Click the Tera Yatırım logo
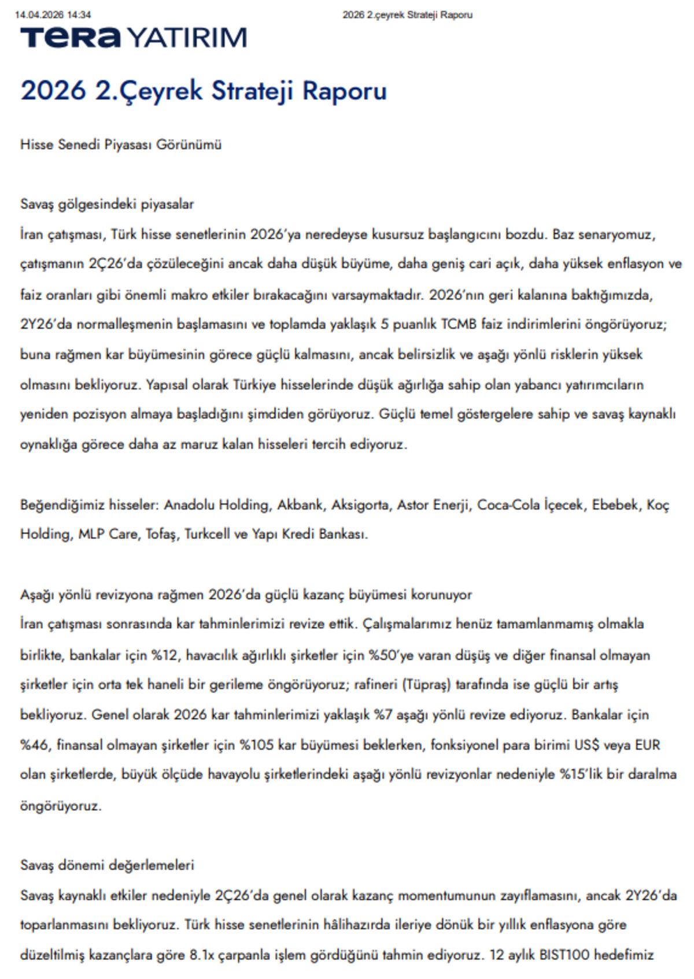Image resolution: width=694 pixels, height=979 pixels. tap(133, 38)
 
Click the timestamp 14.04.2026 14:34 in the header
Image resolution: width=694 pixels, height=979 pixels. tap(53, 15)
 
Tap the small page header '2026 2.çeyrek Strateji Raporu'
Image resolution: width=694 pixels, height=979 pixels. tap(407, 15)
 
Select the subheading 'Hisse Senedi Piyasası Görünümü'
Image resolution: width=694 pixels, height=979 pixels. tap(121, 144)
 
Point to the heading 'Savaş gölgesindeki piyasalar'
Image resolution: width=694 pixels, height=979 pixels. tap(107, 204)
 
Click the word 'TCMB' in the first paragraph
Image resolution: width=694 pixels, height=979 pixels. tap(459, 324)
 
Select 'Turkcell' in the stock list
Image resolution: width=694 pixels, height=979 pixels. tap(207, 535)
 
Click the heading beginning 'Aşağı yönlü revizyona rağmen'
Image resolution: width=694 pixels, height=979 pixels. tap(246, 595)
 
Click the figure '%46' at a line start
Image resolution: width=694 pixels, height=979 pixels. tap(34, 745)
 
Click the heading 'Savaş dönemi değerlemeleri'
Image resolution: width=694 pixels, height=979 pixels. tap(107, 865)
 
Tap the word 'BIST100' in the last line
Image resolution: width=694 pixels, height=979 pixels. tap(564, 955)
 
